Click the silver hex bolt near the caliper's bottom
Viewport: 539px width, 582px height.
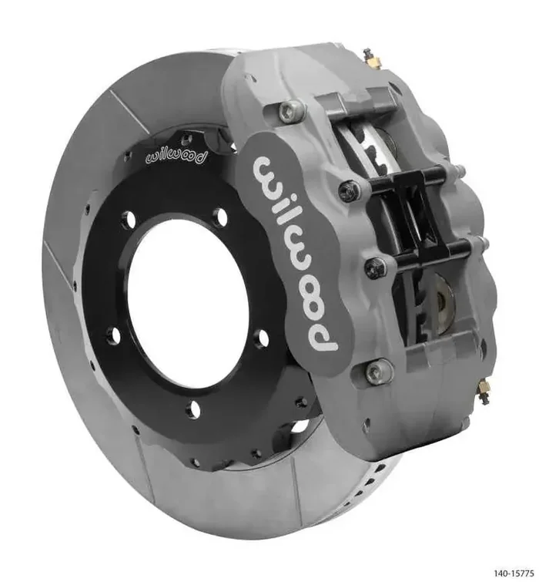[375, 373]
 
